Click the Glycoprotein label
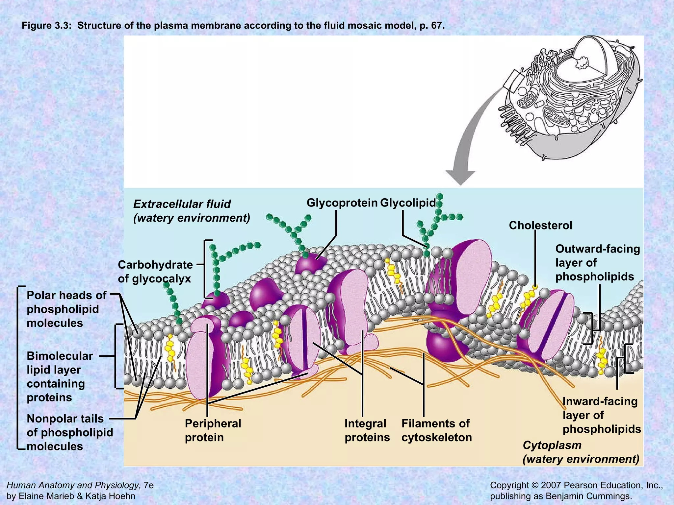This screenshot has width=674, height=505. tap(342, 203)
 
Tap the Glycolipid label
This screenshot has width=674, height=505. tap(408, 203)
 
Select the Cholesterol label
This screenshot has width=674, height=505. tap(540, 226)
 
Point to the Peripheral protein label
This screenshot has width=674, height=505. tap(213, 430)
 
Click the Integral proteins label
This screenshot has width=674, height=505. tap(367, 430)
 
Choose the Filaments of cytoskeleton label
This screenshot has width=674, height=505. tap(436, 430)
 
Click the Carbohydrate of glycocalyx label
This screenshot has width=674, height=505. tap(155, 272)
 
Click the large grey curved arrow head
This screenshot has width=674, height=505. tap(460, 178)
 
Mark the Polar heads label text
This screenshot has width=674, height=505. tap(66, 309)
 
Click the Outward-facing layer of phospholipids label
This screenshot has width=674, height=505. tap(597, 263)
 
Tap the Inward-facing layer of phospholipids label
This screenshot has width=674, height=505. tap(602, 415)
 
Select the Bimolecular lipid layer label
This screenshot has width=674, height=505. tap(60, 376)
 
